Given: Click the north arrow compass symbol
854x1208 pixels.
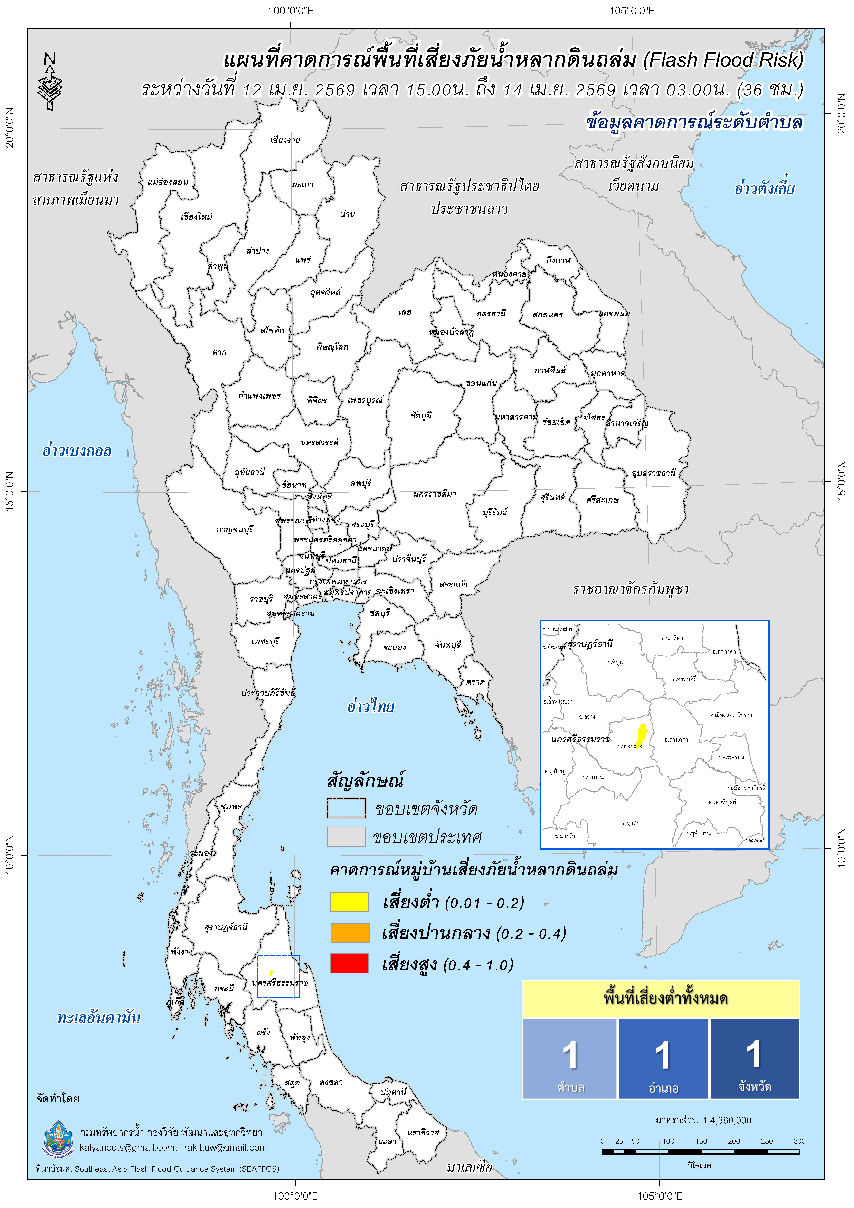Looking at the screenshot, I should click(50, 82).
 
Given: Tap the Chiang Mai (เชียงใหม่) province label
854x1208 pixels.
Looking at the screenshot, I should click(196, 216).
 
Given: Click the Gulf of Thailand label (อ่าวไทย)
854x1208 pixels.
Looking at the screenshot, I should click(370, 706).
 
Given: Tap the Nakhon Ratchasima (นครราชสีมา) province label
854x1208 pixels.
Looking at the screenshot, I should click(435, 494).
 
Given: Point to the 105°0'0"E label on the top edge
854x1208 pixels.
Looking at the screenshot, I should click(632, 10).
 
